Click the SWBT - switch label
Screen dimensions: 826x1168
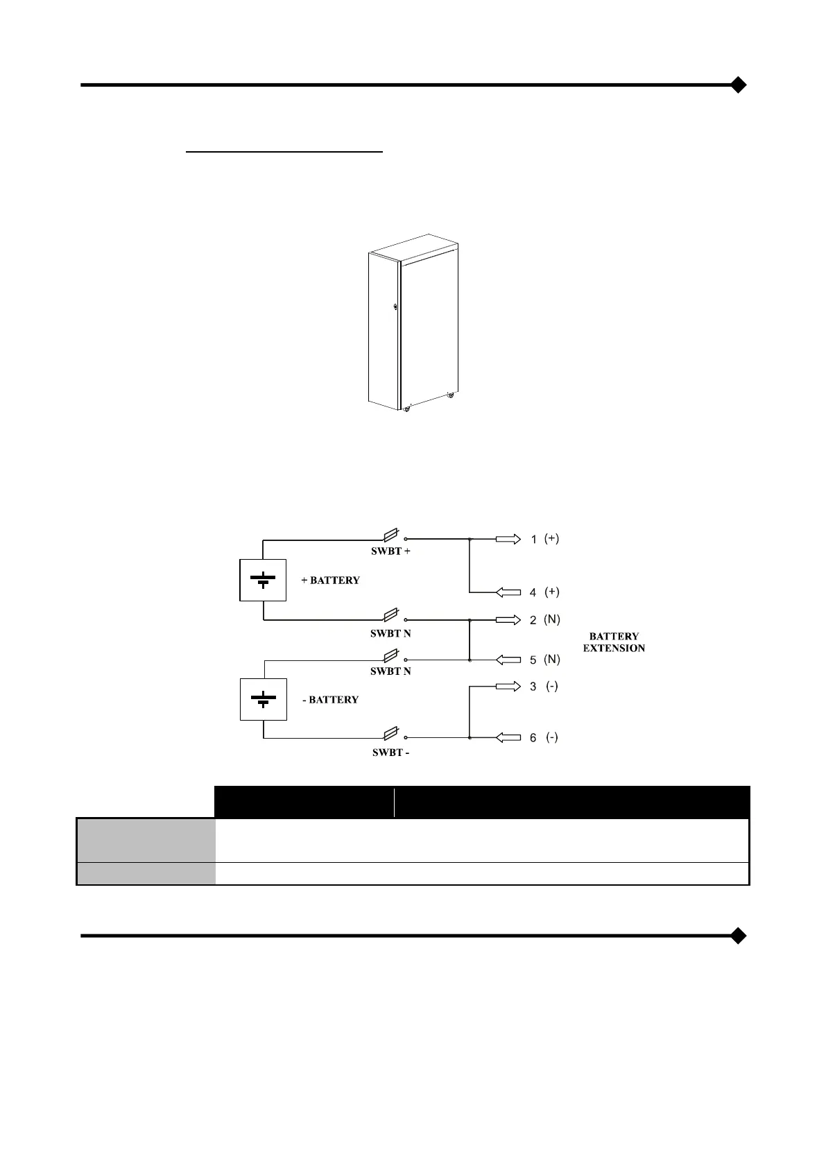point(390,753)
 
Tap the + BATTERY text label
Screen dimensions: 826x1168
point(331,580)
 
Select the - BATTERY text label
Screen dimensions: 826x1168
point(331,700)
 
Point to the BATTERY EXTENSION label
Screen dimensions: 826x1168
point(614,642)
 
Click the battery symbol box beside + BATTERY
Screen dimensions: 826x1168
point(263,579)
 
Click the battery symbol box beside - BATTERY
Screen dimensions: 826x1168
point(263,699)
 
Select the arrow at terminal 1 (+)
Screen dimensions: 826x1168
point(508,539)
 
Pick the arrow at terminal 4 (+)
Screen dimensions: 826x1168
point(508,592)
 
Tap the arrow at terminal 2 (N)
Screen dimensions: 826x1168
point(508,619)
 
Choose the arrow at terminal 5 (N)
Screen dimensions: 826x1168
point(508,660)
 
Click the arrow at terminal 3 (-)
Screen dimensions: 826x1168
point(508,687)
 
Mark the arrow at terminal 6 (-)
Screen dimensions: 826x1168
point(508,737)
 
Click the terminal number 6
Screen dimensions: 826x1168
point(533,738)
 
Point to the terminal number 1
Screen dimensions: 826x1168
point(533,540)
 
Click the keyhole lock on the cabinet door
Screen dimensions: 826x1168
point(395,307)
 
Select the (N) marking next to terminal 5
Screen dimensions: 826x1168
point(552,660)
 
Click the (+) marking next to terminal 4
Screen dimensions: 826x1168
point(552,592)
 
